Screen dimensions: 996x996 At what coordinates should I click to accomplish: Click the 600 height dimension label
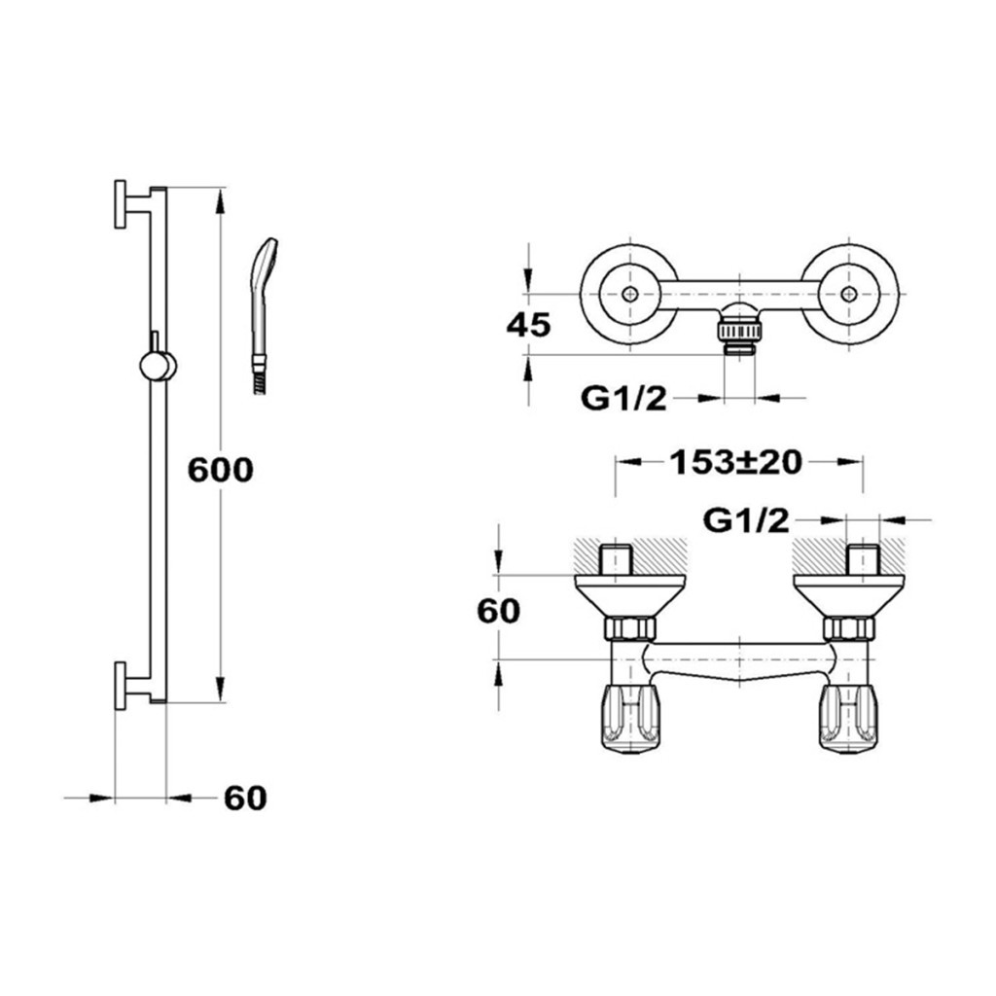(221, 470)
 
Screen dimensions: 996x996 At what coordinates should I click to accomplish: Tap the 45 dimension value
(528, 325)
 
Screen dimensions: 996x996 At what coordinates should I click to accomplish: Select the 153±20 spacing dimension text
(736, 462)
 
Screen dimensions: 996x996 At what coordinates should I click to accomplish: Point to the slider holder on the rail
(158, 364)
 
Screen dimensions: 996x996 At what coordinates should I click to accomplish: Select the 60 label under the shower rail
(245, 799)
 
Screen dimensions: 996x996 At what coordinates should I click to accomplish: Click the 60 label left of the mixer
(498, 611)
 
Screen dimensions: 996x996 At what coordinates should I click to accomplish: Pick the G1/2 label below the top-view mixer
(623, 398)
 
